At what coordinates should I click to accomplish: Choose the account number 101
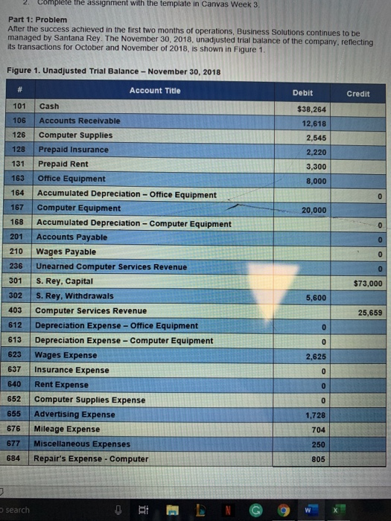[20, 106]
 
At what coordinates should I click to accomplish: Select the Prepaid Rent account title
[63, 164]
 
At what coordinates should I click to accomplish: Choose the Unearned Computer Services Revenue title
[112, 266]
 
